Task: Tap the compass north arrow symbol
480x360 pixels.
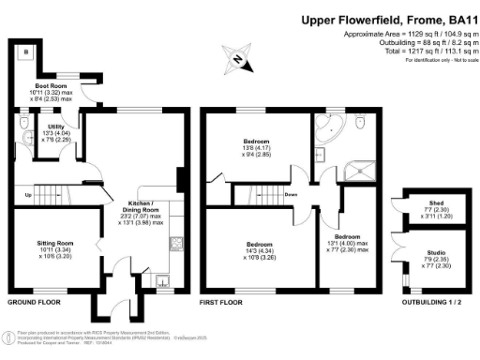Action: (239, 63)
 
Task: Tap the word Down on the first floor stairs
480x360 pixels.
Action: (292, 195)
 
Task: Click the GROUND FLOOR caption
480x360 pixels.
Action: (35, 304)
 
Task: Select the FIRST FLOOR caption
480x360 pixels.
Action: (221, 304)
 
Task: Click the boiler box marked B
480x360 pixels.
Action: (24, 51)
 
